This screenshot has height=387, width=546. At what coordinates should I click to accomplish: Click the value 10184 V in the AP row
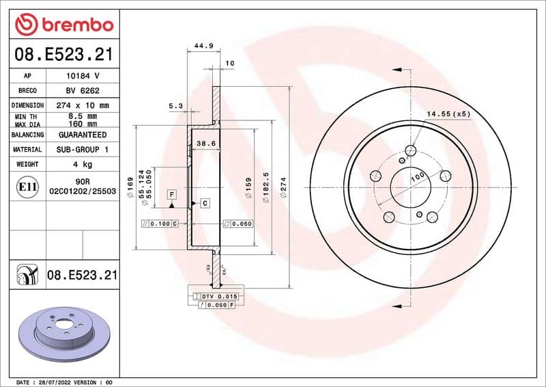click(x=83, y=76)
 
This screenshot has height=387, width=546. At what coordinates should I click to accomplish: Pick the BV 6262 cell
click(x=83, y=91)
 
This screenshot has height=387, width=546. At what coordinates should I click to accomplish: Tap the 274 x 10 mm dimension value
click(x=83, y=106)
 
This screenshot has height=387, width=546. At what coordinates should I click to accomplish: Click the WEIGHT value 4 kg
click(x=83, y=165)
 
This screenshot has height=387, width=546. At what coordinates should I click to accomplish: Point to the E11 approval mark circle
click(x=28, y=186)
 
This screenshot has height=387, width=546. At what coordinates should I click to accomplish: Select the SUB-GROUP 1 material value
click(x=83, y=150)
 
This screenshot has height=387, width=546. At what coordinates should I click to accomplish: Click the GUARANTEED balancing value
click(x=83, y=135)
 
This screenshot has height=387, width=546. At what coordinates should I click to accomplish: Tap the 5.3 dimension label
click(x=175, y=105)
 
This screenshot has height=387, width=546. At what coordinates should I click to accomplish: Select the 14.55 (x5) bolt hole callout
click(x=448, y=114)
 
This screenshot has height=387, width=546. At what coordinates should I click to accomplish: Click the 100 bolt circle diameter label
click(x=418, y=176)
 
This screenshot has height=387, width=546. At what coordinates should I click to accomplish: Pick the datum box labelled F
click(x=172, y=195)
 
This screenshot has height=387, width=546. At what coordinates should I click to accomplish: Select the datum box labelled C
click(x=205, y=203)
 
